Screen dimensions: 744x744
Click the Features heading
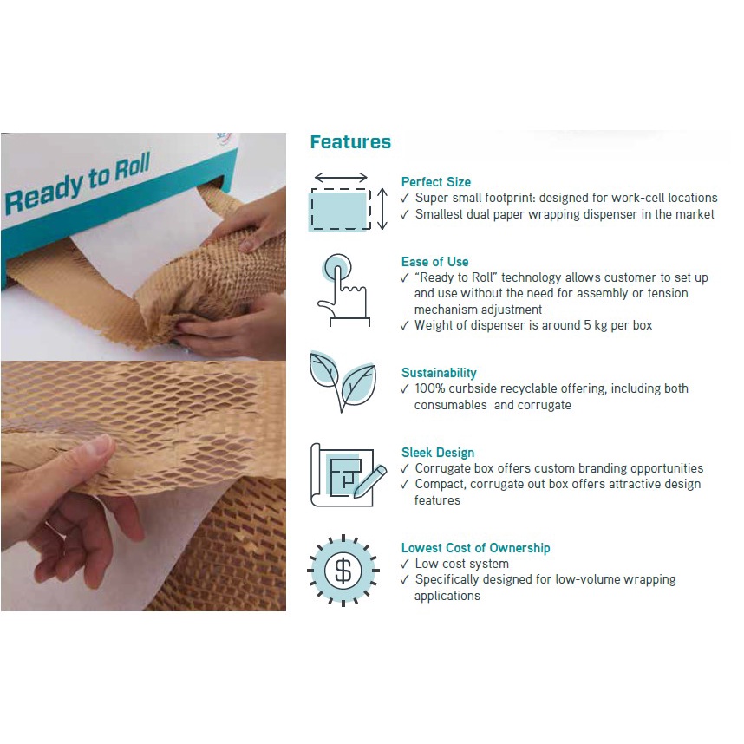350,142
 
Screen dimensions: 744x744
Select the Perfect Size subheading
435,182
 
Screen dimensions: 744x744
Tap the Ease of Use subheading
434,262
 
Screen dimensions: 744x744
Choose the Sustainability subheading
439,373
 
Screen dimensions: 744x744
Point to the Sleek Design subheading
438,453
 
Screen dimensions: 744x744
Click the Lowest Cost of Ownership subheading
475,548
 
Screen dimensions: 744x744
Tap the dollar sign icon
343,571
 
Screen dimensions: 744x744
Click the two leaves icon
343,381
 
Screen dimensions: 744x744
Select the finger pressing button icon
343,290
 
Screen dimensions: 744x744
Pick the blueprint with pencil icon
348,475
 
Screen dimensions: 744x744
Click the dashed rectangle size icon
340,209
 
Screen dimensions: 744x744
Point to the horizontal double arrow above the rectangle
341,178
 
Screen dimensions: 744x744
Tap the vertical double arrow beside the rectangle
382,209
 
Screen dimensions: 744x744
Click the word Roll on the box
133,166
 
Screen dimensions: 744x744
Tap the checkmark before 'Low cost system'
405,565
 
